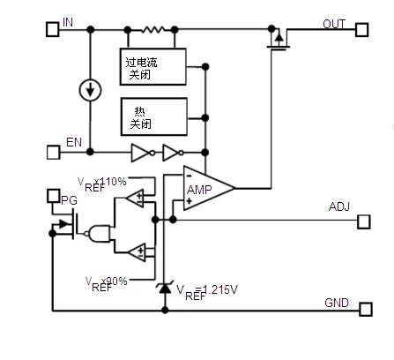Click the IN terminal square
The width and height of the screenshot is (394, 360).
coord(53,29)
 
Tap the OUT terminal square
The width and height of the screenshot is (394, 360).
coord(361,30)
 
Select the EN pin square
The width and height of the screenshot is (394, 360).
coord(54,153)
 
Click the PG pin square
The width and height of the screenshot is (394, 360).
coord(53,196)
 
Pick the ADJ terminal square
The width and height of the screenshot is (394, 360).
coord(364,221)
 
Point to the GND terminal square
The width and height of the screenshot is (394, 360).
coord(366,309)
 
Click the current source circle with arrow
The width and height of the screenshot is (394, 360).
coord(90,90)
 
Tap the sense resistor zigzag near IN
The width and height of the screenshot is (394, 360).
coord(152,29)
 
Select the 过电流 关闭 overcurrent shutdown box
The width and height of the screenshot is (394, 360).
coord(153,67)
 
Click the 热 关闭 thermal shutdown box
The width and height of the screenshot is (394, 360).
coord(154,116)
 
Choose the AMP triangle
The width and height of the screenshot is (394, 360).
coord(209,188)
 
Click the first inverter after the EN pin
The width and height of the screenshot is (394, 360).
coord(143,153)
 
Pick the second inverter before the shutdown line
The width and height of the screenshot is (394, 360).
coord(173,153)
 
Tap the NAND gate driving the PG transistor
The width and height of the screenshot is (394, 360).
coord(99,234)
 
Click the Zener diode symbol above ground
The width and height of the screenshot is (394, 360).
coord(165,288)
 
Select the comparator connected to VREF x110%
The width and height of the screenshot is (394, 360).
coord(135,198)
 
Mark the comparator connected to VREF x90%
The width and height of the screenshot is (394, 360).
coord(137,252)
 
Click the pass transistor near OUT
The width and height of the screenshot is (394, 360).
coord(279,40)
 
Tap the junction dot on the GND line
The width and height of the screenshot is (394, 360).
coord(165,310)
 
